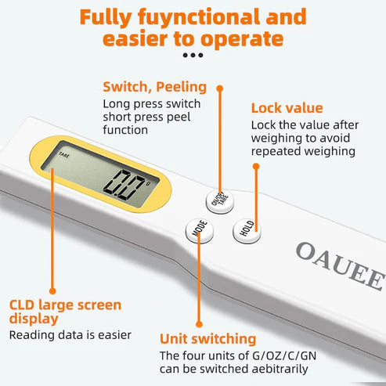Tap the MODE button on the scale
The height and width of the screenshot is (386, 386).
197,229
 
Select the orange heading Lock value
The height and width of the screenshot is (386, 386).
287,109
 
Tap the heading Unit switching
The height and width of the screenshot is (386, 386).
207,339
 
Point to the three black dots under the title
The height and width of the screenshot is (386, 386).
193,56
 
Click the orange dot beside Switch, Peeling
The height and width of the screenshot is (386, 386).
220,89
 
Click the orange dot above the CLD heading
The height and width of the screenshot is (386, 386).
52,290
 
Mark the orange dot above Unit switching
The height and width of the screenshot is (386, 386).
198,323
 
